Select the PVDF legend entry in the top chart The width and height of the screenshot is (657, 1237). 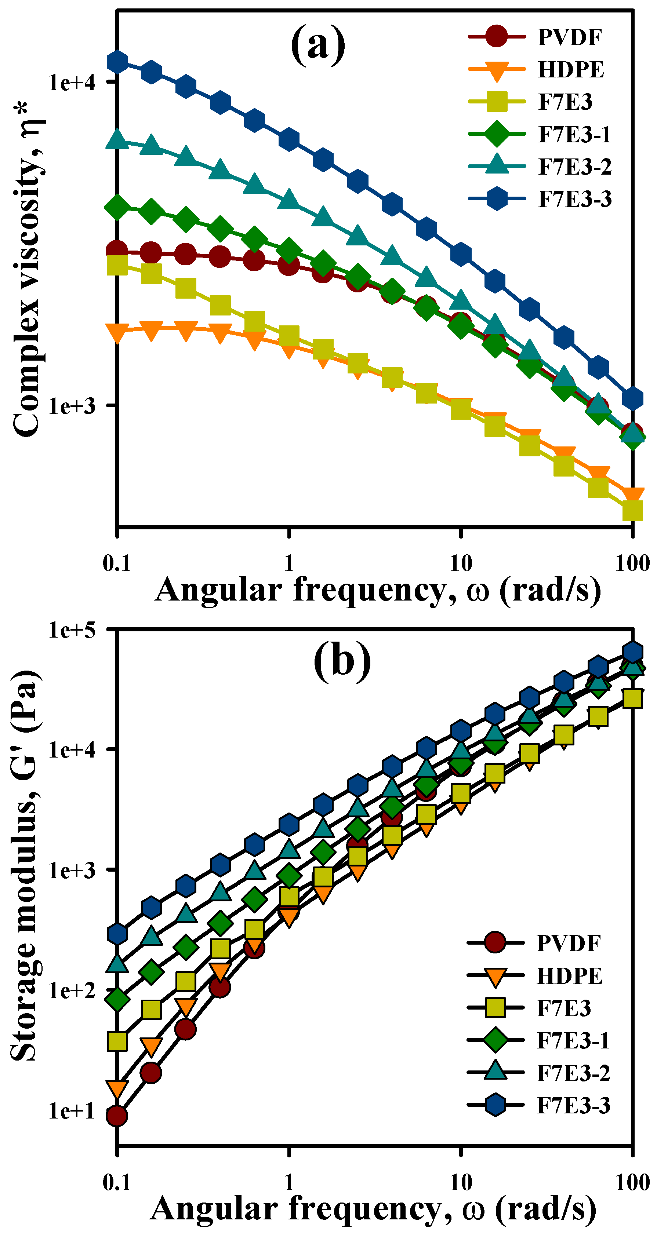[569, 37]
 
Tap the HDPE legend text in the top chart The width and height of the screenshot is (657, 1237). [570, 70]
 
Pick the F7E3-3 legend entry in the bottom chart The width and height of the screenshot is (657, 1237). [573, 1105]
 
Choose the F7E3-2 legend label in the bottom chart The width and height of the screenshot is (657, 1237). [573, 1073]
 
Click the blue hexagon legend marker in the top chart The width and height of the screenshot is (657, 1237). [497, 199]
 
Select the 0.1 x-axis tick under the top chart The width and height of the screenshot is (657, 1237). [117, 563]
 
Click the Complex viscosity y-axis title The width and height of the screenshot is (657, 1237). [27, 269]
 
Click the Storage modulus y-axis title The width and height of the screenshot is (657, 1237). [24, 864]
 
